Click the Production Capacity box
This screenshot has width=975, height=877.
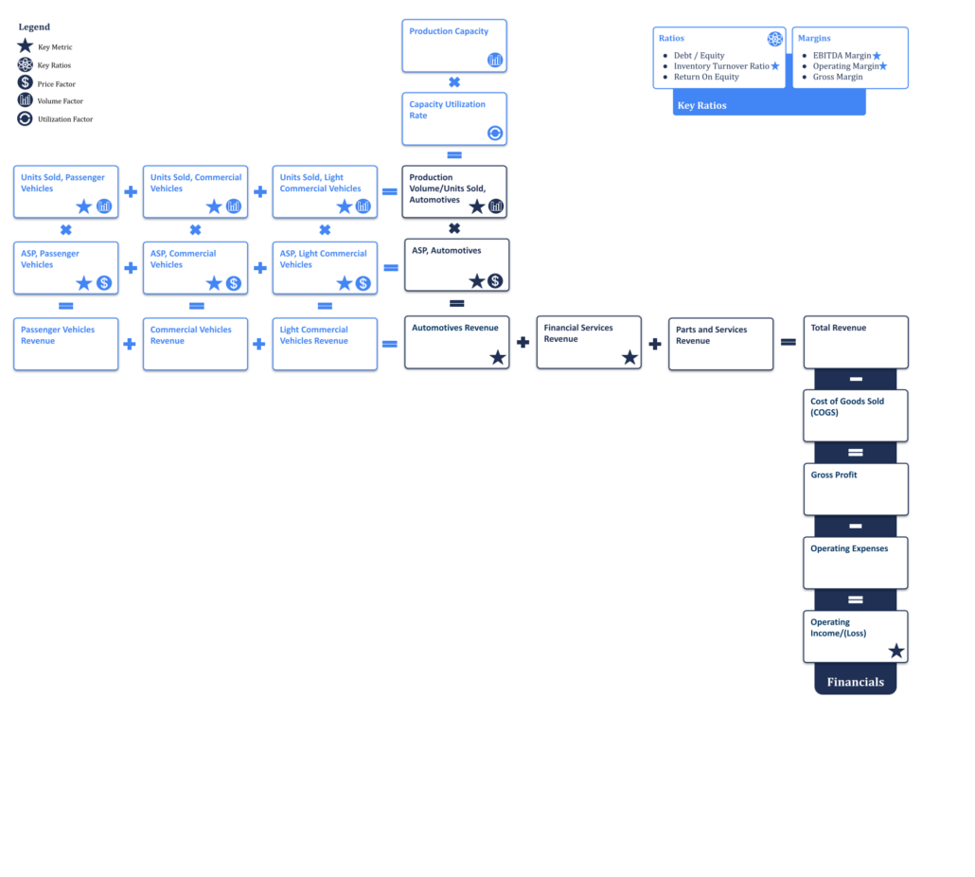[454, 46]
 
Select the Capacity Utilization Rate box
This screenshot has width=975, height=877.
[454, 118]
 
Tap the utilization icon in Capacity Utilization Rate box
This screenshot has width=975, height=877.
[495, 134]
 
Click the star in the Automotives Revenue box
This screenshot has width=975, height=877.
[498, 357]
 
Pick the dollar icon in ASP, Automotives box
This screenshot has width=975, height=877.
[495, 281]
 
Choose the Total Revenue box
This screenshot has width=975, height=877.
[856, 343]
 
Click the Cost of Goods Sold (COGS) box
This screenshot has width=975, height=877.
[856, 416]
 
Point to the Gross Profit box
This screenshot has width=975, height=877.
[856, 490]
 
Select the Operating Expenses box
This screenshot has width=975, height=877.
[856, 563]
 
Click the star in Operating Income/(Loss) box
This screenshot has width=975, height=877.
[896, 652]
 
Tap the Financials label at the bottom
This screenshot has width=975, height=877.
[856, 682]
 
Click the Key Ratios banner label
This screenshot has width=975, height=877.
[702, 106]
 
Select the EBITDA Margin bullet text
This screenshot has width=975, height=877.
[842, 55]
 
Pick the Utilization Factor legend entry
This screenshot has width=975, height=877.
[55, 118]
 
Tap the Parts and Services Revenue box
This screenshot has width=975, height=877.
[720, 344]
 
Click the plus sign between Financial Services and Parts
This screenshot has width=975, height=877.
[655, 344]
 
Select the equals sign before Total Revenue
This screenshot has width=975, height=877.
[789, 342]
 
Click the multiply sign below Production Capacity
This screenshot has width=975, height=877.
[454, 82]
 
